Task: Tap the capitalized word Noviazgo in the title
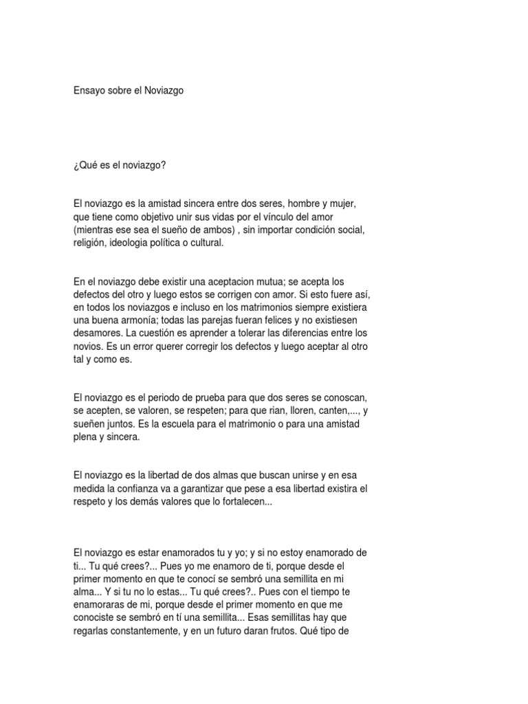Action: [x=164, y=90]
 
